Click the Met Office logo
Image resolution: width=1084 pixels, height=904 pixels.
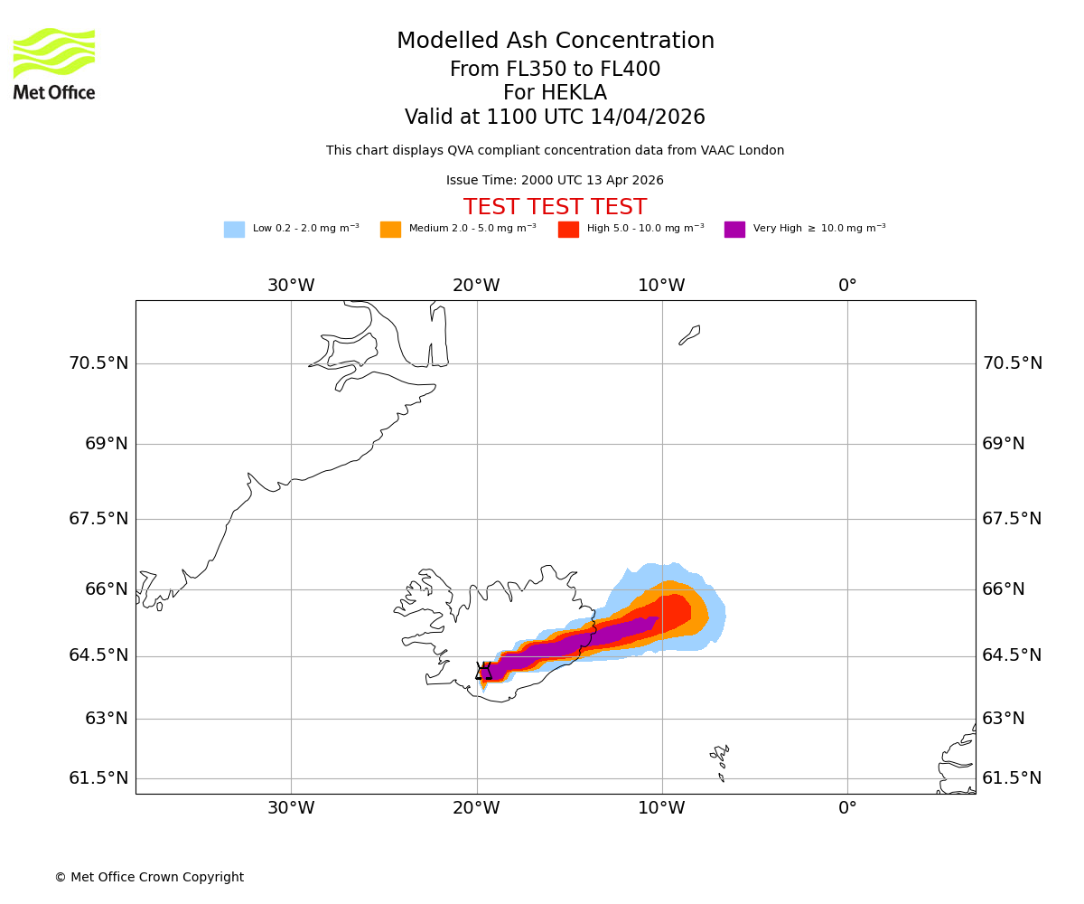point(54,63)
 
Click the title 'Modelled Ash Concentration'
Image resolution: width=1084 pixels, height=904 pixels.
point(555,42)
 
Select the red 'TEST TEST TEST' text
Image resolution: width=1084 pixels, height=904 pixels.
point(555,207)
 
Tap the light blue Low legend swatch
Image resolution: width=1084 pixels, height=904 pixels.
point(234,230)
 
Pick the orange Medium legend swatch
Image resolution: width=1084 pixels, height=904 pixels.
point(390,230)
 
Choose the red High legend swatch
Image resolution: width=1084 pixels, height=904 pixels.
point(568,230)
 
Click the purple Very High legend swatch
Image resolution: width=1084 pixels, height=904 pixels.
point(734,230)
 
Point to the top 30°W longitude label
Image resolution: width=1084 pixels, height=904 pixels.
point(291,286)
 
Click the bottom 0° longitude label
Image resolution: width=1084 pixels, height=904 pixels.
point(847,808)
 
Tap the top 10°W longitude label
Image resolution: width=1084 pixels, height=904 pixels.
point(661,286)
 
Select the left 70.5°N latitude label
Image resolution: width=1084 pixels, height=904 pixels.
point(98,363)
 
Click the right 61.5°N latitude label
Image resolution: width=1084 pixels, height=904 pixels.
point(1012,778)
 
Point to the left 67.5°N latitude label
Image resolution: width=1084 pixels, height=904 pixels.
point(98,519)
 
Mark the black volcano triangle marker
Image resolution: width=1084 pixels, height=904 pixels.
point(484,671)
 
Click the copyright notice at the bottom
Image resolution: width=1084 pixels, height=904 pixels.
point(149,878)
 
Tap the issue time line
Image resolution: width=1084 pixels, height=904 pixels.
point(555,181)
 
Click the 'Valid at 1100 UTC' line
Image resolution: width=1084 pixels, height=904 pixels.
point(555,118)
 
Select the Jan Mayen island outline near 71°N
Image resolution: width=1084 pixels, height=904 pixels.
point(689,335)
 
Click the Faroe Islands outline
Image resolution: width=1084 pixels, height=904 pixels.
point(720,758)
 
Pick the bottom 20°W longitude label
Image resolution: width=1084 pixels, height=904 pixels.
point(476,808)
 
